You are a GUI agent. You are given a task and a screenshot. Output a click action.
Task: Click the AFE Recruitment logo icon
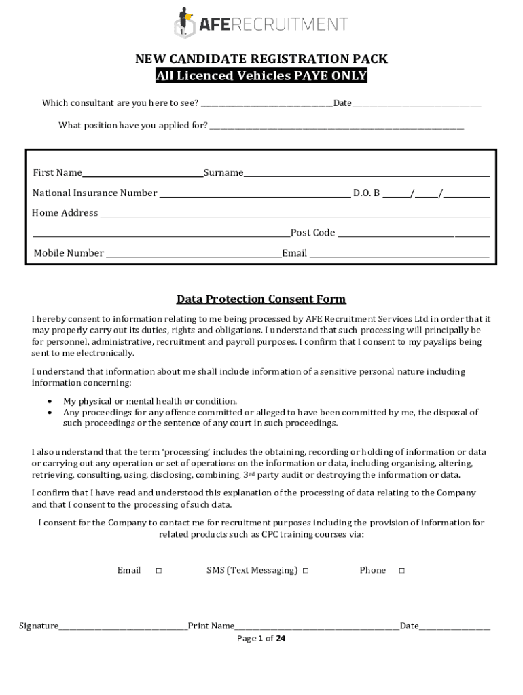pos(184,23)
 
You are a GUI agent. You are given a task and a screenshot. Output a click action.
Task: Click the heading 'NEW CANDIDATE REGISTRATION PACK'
pos(261,59)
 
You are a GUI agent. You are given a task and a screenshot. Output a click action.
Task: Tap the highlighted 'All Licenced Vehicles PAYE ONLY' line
pos(261,76)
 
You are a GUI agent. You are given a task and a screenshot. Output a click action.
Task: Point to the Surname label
pos(223,173)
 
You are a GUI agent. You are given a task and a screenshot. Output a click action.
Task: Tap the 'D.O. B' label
pos(366,193)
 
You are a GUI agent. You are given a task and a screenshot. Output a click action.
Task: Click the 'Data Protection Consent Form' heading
pos(261,299)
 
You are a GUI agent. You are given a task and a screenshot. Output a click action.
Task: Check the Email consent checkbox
pos(158,571)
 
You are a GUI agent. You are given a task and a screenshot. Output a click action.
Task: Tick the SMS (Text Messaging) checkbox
pos(306,571)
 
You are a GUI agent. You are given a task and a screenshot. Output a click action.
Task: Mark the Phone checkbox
pos(401,571)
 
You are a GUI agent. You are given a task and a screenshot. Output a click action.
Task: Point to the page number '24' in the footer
pos(281,639)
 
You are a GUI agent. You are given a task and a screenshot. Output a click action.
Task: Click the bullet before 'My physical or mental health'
pos(50,401)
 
